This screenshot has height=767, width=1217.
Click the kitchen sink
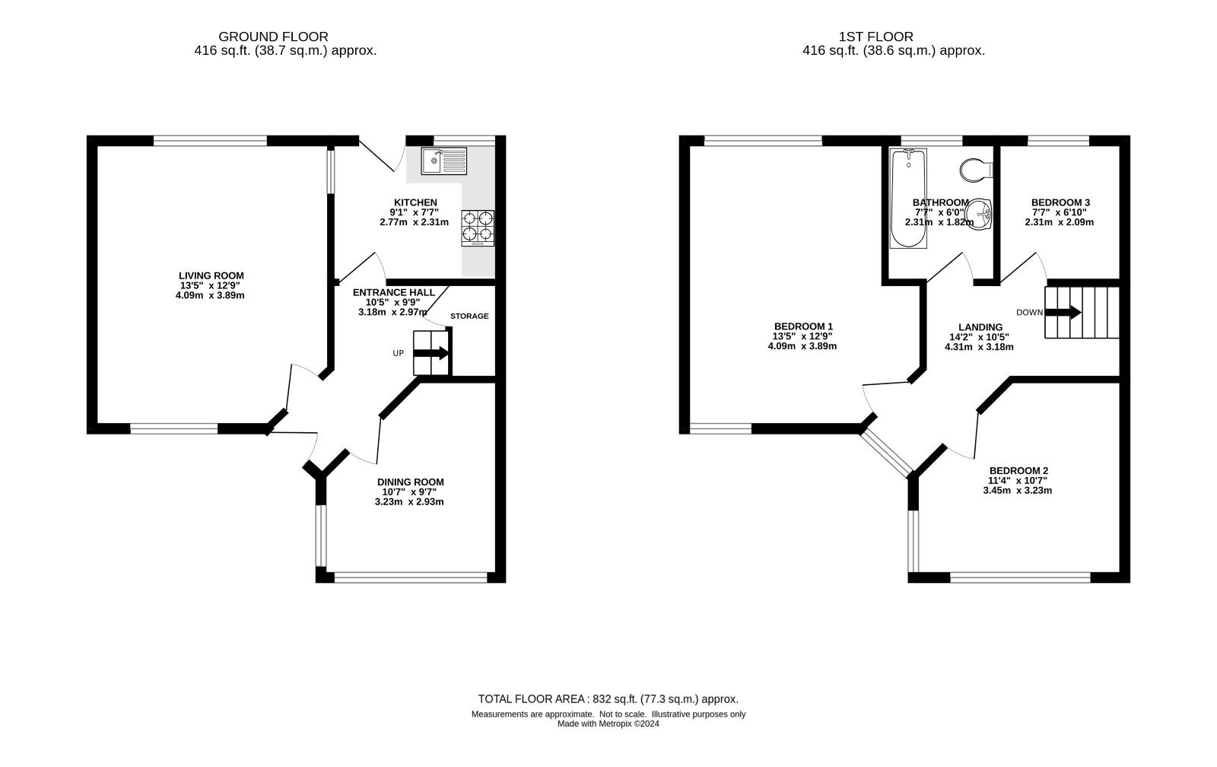coord(444,161)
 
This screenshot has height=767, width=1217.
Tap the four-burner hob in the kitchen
coord(478,228)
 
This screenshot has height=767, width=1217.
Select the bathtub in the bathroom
coord(908,199)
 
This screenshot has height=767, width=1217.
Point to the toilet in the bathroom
coord(977,170)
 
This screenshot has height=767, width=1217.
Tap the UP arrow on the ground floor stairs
coord(431,353)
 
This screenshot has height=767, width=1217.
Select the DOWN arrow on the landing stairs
coord(1063,313)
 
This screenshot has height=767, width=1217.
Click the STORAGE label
coord(469,317)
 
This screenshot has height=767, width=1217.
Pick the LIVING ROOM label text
coord(211,276)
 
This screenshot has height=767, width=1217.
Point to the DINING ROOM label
coord(410,482)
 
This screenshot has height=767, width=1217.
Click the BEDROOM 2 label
coord(1018,471)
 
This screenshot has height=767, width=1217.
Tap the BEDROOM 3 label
coord(1060,202)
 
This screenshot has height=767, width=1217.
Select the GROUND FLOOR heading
coord(273,37)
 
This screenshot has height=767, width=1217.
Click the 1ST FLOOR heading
coord(875,37)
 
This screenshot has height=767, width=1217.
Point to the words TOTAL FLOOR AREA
coord(531,699)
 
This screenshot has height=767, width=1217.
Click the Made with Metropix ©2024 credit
coord(608,724)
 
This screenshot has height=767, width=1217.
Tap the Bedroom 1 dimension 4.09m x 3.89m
coord(802,346)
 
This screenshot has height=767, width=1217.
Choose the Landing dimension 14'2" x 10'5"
coord(979,337)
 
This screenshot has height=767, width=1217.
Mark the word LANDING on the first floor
coord(980,327)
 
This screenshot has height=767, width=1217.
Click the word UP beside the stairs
coord(399,353)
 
